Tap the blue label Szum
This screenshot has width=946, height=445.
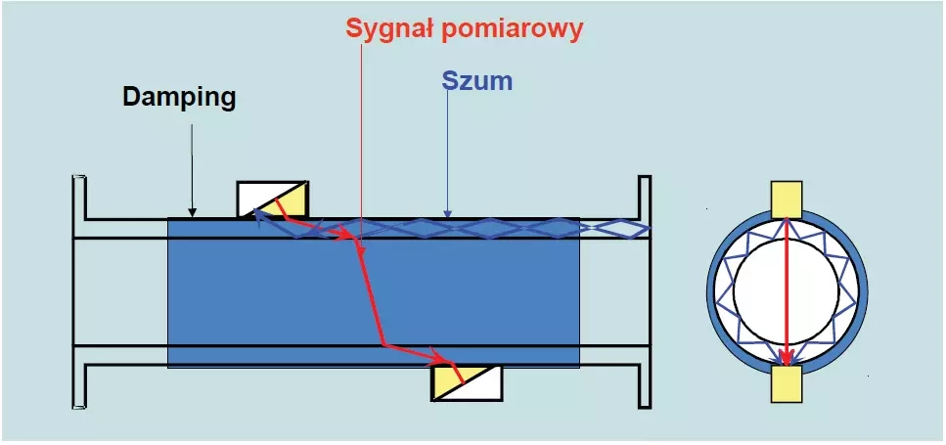point(477,81)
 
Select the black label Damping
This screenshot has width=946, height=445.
point(179,97)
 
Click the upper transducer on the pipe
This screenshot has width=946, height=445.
point(273,200)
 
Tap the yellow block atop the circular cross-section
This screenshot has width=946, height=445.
point(788,200)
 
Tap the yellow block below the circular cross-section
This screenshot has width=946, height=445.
point(788,383)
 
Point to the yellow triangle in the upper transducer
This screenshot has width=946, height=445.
point(292,203)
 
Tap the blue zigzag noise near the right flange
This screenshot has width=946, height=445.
point(616,228)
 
